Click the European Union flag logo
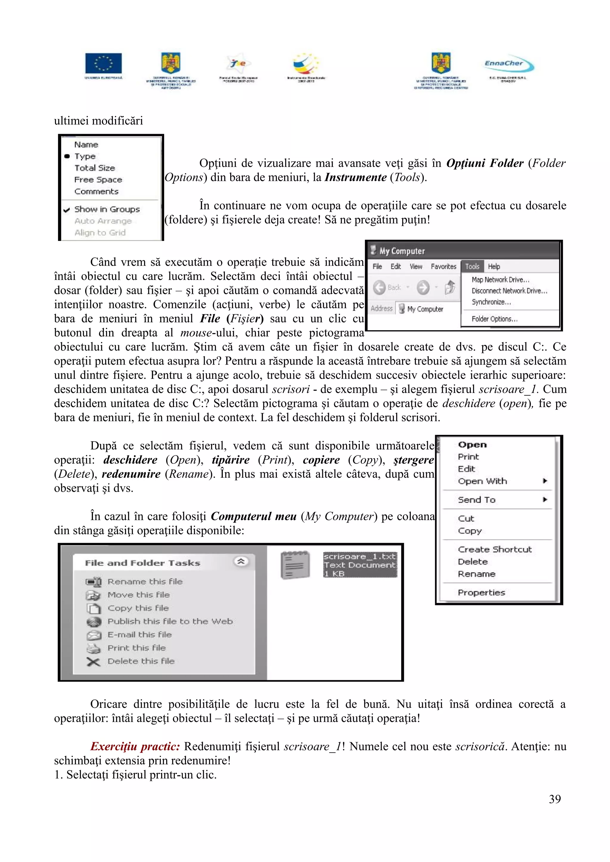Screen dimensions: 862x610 [103, 63]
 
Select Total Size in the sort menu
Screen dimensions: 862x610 [94, 168]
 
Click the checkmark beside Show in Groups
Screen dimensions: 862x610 [67, 209]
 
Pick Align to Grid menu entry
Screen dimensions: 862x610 [99, 233]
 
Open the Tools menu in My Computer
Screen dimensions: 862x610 [472, 266]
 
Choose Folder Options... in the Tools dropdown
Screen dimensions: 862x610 [494, 319]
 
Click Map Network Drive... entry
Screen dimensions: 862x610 [500, 280]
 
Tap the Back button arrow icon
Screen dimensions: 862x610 [379, 288]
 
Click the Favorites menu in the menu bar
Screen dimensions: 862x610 [443, 266]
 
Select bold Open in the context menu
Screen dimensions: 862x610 [472, 444]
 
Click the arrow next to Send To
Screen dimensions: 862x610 [544, 499]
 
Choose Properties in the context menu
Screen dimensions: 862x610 [481, 593]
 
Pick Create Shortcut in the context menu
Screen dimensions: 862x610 [494, 549]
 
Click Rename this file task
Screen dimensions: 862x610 [145, 582]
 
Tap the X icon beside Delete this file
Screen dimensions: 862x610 [93, 662]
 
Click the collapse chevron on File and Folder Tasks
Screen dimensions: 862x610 [241, 562]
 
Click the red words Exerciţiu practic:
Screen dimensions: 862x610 [135, 746]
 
